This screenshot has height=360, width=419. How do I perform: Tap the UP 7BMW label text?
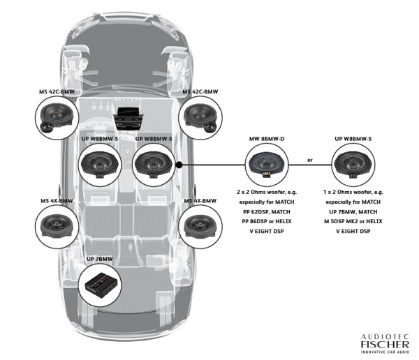pyautogui.click(x=100, y=259)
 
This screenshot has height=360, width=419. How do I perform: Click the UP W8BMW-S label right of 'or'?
pyautogui.click(x=354, y=139)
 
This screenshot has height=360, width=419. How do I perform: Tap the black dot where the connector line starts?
pyautogui.click(x=180, y=165)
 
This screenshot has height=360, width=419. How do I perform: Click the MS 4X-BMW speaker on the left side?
pyautogui.click(x=56, y=225)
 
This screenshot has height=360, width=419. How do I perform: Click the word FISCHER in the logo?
pyautogui.click(x=380, y=342)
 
